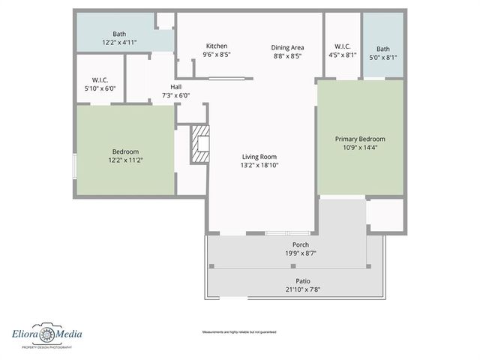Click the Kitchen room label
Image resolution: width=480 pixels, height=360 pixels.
(x=217, y=46)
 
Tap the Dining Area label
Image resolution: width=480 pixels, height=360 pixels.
(x=288, y=47)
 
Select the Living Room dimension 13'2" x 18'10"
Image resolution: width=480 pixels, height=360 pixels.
(x=259, y=165)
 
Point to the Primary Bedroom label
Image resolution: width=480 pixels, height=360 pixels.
(x=360, y=139)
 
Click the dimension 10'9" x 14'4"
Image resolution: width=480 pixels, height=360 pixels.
(x=360, y=148)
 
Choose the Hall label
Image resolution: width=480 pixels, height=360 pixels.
(x=175, y=86)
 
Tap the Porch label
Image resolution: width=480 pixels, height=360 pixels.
(x=300, y=244)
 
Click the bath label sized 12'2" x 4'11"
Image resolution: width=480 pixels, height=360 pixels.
(x=119, y=34)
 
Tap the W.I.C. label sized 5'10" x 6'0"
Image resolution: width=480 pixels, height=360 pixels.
(x=101, y=79)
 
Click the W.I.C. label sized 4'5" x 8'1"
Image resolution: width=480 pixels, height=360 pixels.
(x=341, y=46)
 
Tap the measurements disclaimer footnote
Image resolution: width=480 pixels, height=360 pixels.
(x=239, y=331)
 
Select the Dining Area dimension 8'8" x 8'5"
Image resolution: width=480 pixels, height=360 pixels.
(x=288, y=55)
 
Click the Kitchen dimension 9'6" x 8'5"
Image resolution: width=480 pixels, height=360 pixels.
(x=217, y=55)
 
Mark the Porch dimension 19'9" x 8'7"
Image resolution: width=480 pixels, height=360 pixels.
(x=300, y=253)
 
